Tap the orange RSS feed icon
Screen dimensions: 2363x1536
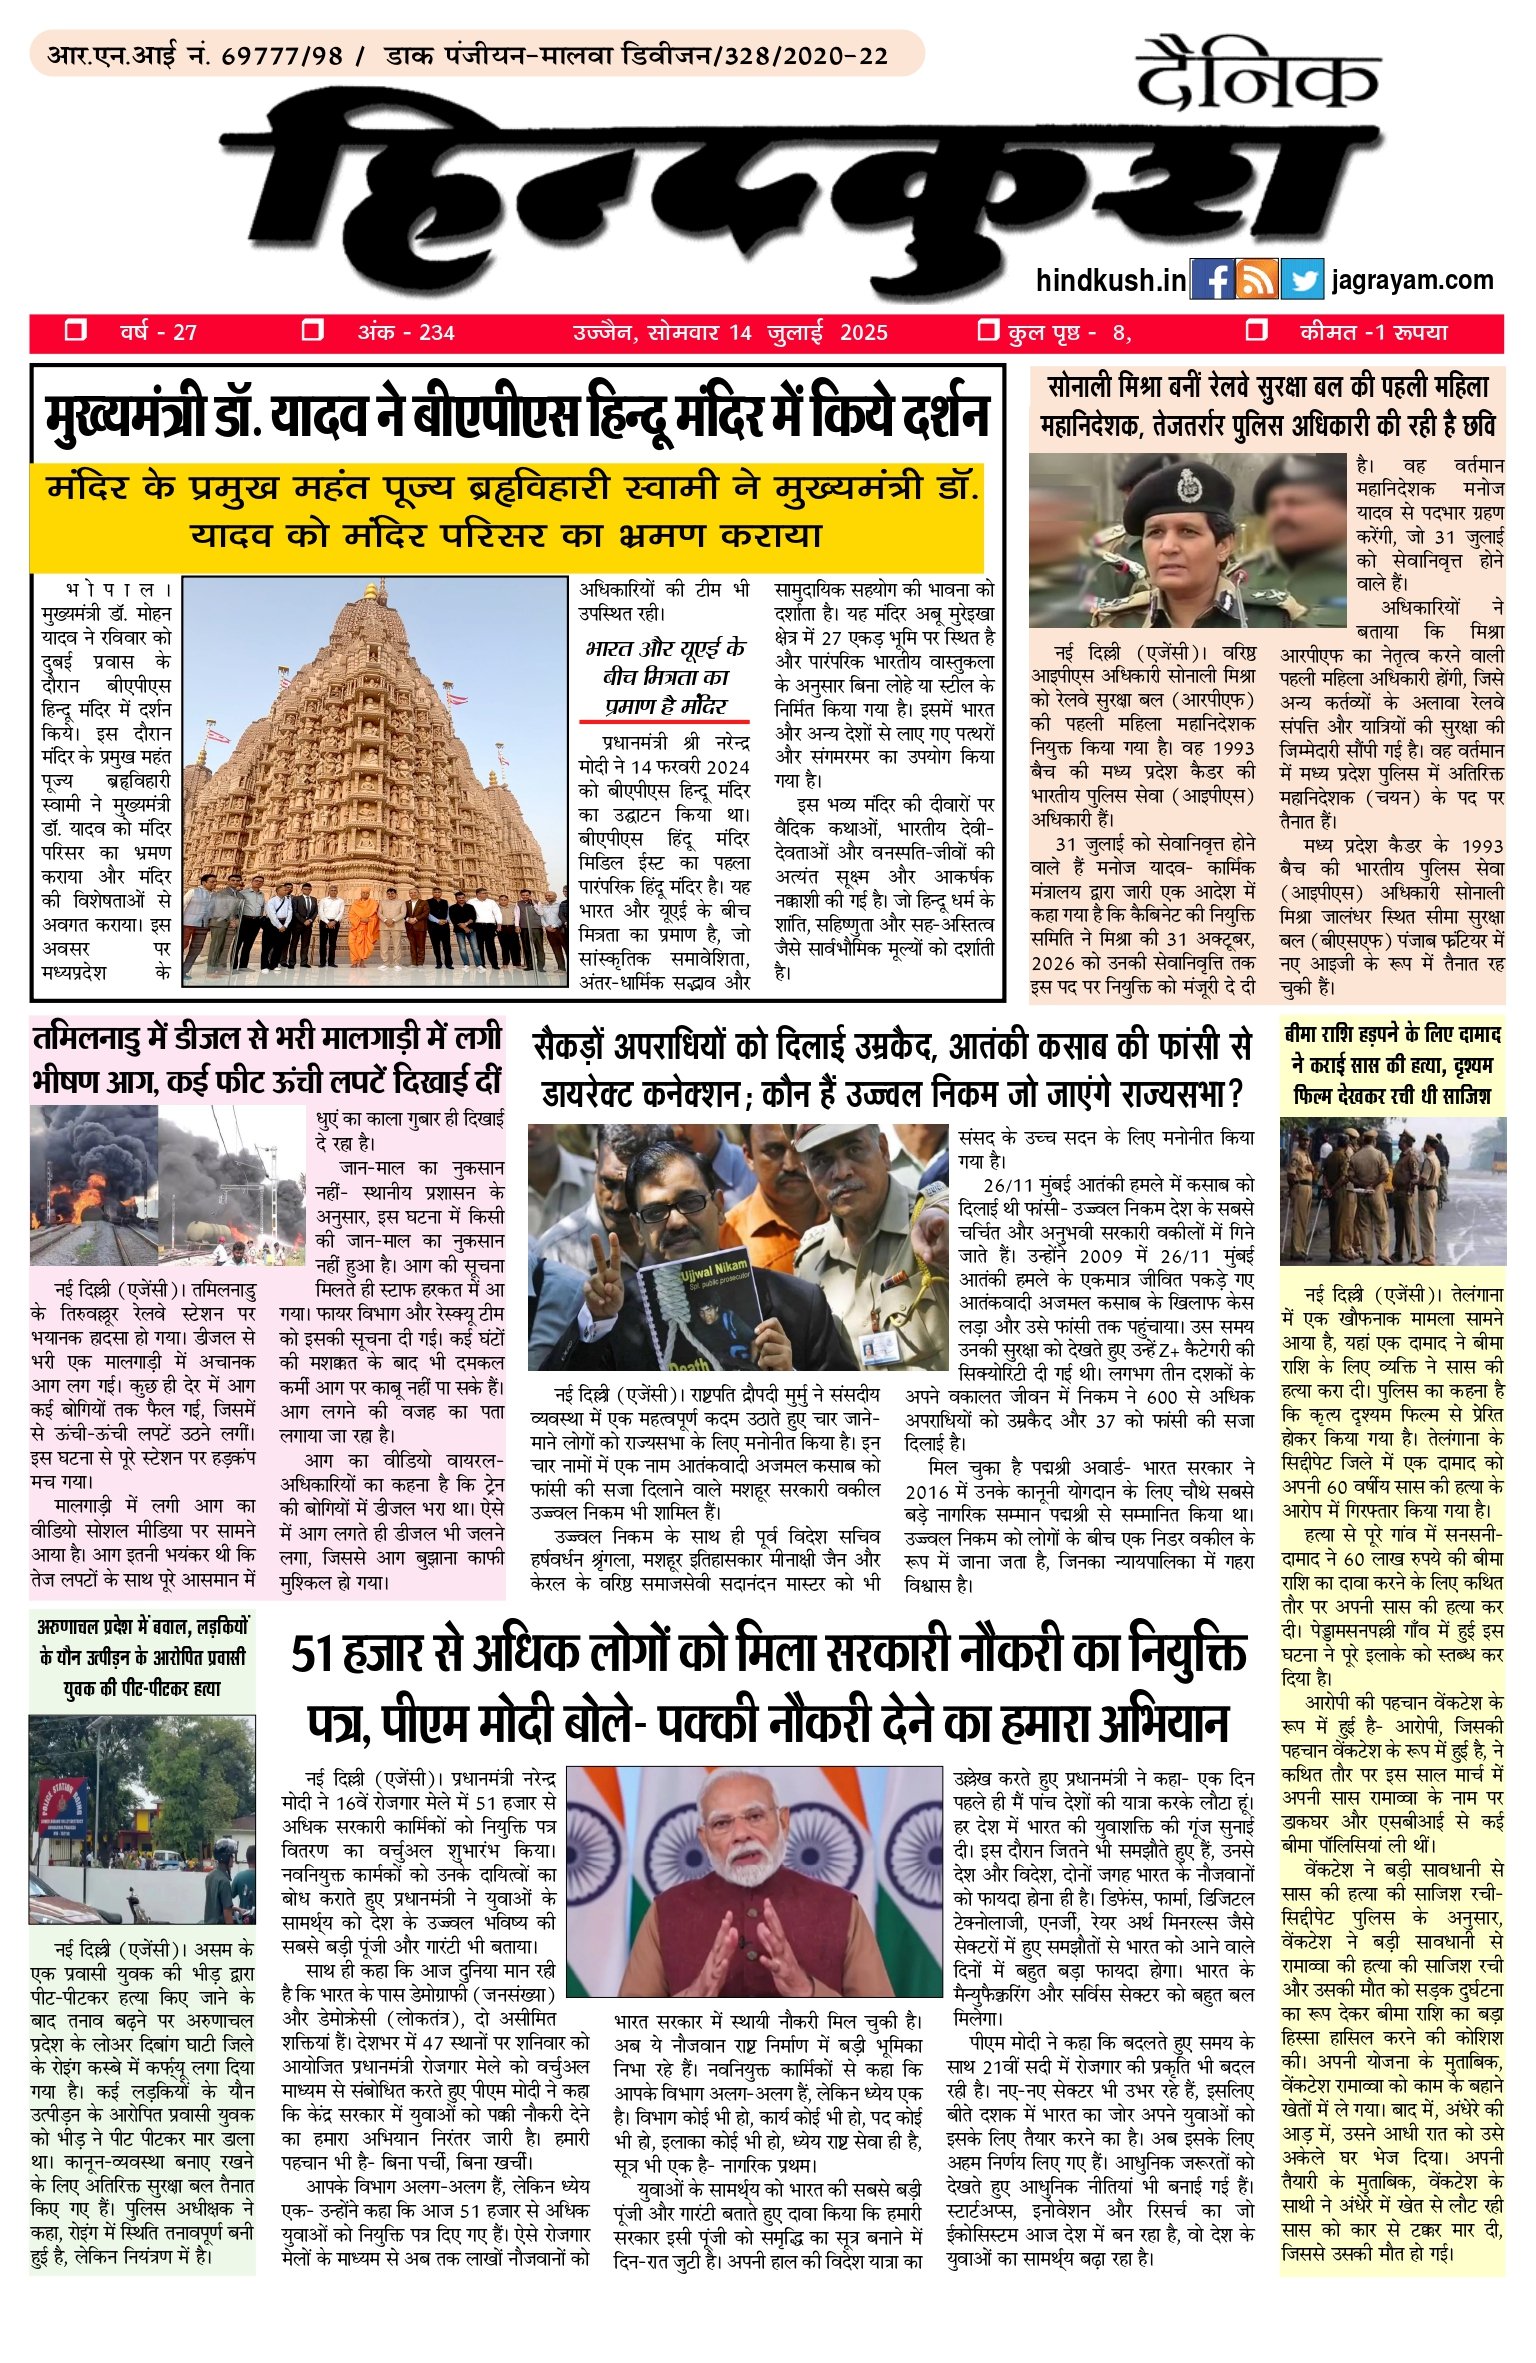(x=1256, y=280)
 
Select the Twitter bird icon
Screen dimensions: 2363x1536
(x=1301, y=280)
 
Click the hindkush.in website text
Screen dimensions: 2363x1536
(x=1110, y=281)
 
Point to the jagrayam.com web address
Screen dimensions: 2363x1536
(x=1412, y=281)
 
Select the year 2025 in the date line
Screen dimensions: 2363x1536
(x=863, y=333)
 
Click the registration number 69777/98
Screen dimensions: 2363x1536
(x=281, y=55)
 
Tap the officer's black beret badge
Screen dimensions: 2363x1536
(x=1188, y=485)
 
